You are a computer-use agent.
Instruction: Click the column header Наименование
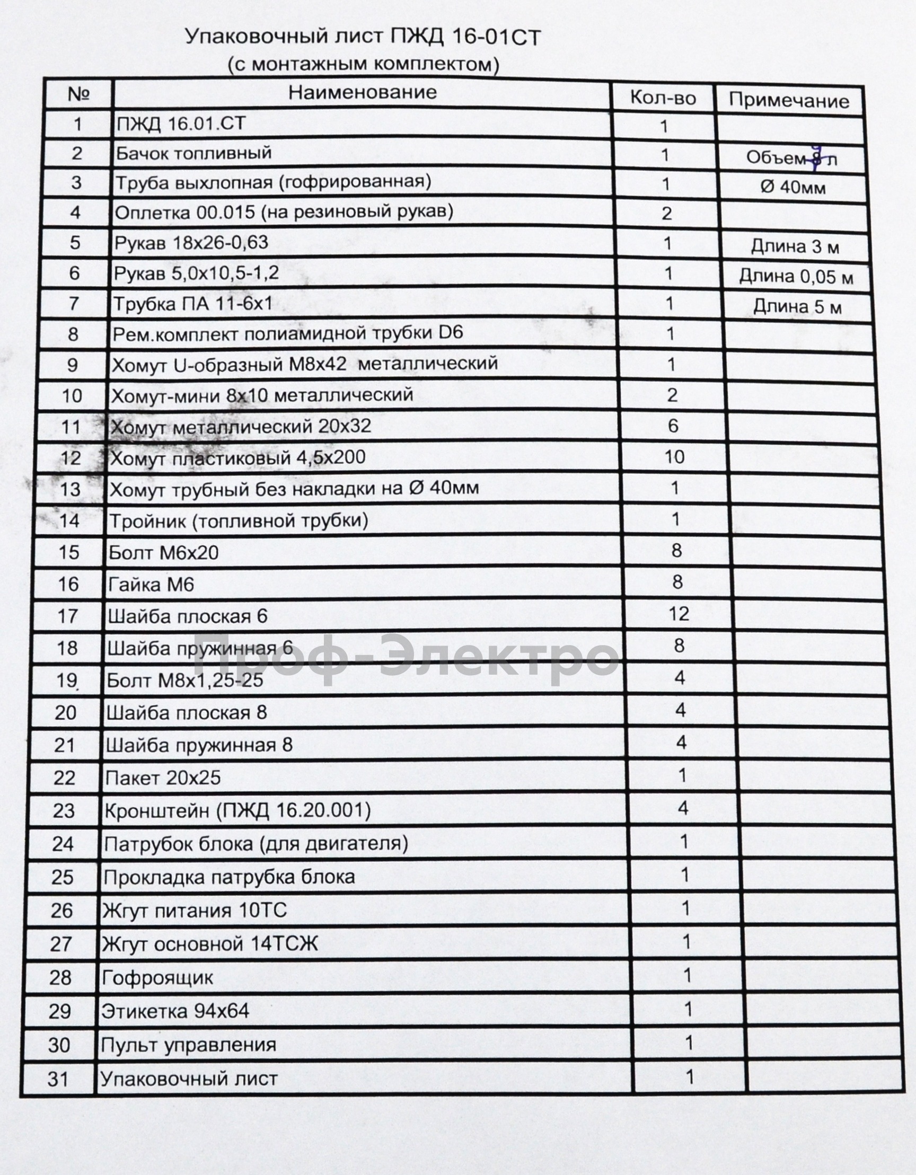pyautogui.click(x=362, y=92)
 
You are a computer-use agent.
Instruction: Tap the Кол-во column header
pyautogui.click(x=663, y=98)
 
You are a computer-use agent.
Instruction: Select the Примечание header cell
pyautogui.click(x=788, y=101)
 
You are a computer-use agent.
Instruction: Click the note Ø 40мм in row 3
pyautogui.click(x=793, y=187)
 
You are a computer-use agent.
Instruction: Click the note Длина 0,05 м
pyautogui.click(x=796, y=277)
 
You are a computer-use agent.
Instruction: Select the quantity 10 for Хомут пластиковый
pyautogui.click(x=674, y=457)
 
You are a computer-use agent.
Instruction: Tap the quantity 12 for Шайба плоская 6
pyautogui.click(x=678, y=613)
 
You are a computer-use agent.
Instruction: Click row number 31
pyautogui.click(x=58, y=1079)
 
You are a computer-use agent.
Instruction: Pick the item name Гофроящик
pyautogui.click(x=157, y=977)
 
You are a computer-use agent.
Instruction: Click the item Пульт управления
pyautogui.click(x=188, y=1045)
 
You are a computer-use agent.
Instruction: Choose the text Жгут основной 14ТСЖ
pyautogui.click(x=210, y=944)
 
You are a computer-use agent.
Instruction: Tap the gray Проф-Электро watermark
pyautogui.click(x=407, y=660)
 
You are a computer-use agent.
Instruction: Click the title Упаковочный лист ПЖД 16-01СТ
pyautogui.click(x=363, y=38)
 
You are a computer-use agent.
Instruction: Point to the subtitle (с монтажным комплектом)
pyautogui.click(x=363, y=65)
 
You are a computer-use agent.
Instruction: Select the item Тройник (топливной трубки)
pyautogui.click(x=239, y=521)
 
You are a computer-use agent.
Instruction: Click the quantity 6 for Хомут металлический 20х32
pyautogui.click(x=673, y=426)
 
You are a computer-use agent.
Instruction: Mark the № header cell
pyautogui.click(x=78, y=94)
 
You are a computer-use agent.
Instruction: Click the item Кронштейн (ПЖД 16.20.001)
pyautogui.click(x=237, y=811)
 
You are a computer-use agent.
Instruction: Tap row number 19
pyautogui.click(x=67, y=680)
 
